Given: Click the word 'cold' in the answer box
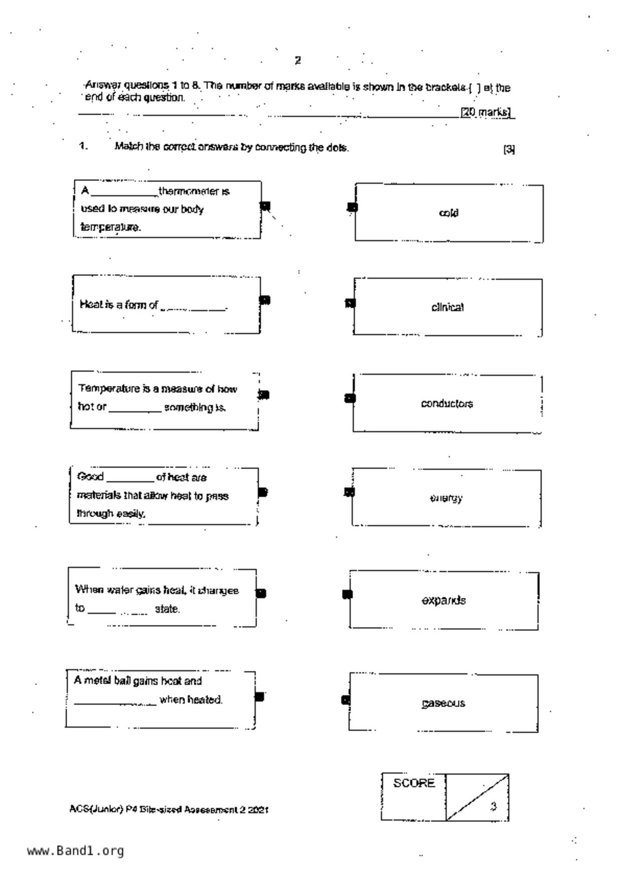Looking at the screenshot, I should [448, 213].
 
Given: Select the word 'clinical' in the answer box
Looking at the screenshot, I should [447, 307].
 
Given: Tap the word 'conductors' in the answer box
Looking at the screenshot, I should [447, 404].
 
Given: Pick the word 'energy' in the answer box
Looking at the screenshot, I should [446, 498].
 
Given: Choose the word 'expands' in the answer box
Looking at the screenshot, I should [444, 600].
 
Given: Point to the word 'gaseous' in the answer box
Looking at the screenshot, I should [443, 704].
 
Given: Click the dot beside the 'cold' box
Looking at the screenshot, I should [352, 207].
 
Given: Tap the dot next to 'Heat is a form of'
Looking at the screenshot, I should [265, 300].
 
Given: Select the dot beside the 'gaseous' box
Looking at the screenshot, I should [345, 700].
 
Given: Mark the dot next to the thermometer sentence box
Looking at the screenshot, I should [265, 206].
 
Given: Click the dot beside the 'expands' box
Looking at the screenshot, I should [347, 594].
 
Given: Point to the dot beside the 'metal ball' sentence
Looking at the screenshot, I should [259, 697].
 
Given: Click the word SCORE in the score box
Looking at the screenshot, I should [413, 783].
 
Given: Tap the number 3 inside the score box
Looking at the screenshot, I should [493, 806].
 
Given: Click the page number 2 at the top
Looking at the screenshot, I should [298, 61].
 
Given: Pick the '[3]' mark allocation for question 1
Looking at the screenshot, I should [509, 149].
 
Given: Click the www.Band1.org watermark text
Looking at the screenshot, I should [75, 851].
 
